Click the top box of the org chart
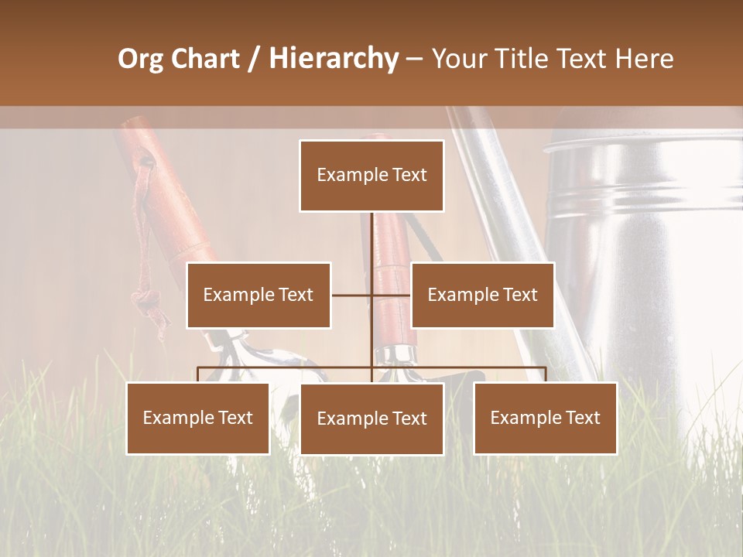[371, 176]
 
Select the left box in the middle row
[259, 295]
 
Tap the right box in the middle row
[482, 295]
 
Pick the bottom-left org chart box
[198, 418]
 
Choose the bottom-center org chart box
[371, 419]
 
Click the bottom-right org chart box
[545, 418]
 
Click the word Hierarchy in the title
[334, 59]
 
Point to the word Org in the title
[141, 59]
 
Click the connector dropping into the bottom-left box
[198, 374]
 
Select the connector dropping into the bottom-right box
[546, 374]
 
